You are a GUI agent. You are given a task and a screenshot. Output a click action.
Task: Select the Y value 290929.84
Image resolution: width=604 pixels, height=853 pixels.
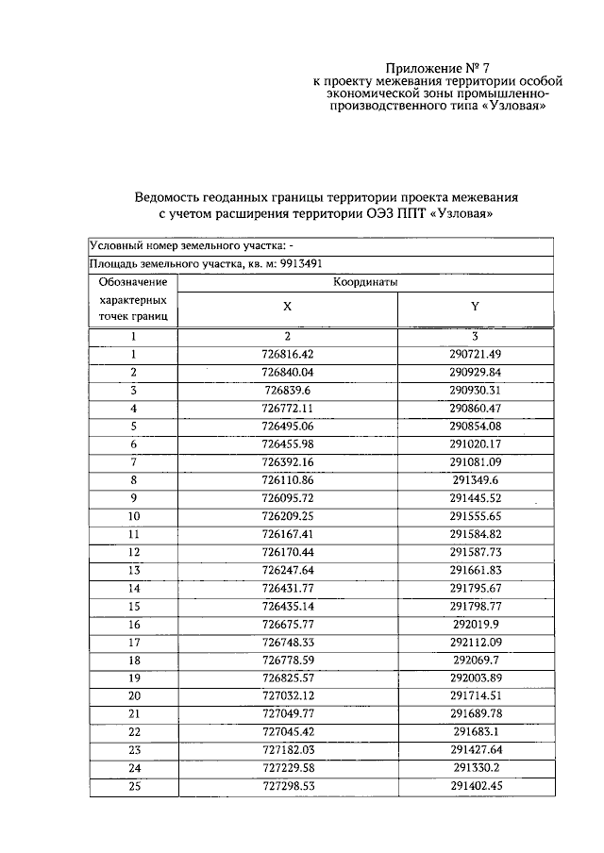[x=475, y=372]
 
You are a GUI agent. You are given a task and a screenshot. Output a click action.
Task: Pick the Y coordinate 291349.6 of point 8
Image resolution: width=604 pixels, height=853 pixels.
[x=475, y=479]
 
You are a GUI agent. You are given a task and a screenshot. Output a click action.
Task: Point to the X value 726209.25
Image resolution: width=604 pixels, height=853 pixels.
[x=288, y=516]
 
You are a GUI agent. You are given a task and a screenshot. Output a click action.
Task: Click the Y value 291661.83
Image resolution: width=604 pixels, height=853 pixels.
[x=475, y=570]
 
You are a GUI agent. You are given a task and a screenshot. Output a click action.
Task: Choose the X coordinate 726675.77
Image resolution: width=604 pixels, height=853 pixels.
[x=288, y=624]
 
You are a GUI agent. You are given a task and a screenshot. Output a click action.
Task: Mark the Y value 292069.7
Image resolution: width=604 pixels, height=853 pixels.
[x=475, y=660]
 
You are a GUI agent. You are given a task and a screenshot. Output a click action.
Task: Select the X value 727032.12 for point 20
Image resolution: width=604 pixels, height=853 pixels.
[x=288, y=695]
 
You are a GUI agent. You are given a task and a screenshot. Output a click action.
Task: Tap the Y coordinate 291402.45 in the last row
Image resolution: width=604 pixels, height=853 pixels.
[x=475, y=785]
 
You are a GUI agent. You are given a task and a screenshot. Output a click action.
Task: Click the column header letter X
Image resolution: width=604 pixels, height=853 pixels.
[x=288, y=307]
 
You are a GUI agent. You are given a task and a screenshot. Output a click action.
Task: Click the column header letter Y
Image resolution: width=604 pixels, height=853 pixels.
[x=475, y=307]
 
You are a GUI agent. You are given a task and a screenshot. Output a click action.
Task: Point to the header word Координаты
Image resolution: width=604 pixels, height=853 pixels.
[x=364, y=281]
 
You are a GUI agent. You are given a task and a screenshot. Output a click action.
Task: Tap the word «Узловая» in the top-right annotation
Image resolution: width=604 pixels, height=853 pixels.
[x=516, y=107]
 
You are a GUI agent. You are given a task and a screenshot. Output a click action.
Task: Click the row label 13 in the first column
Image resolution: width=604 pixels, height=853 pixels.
[x=134, y=570]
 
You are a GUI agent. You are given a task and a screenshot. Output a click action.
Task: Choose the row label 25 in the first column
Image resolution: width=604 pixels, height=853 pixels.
[x=134, y=785]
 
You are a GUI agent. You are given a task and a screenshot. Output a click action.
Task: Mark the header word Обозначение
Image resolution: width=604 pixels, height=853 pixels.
[x=133, y=281]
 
